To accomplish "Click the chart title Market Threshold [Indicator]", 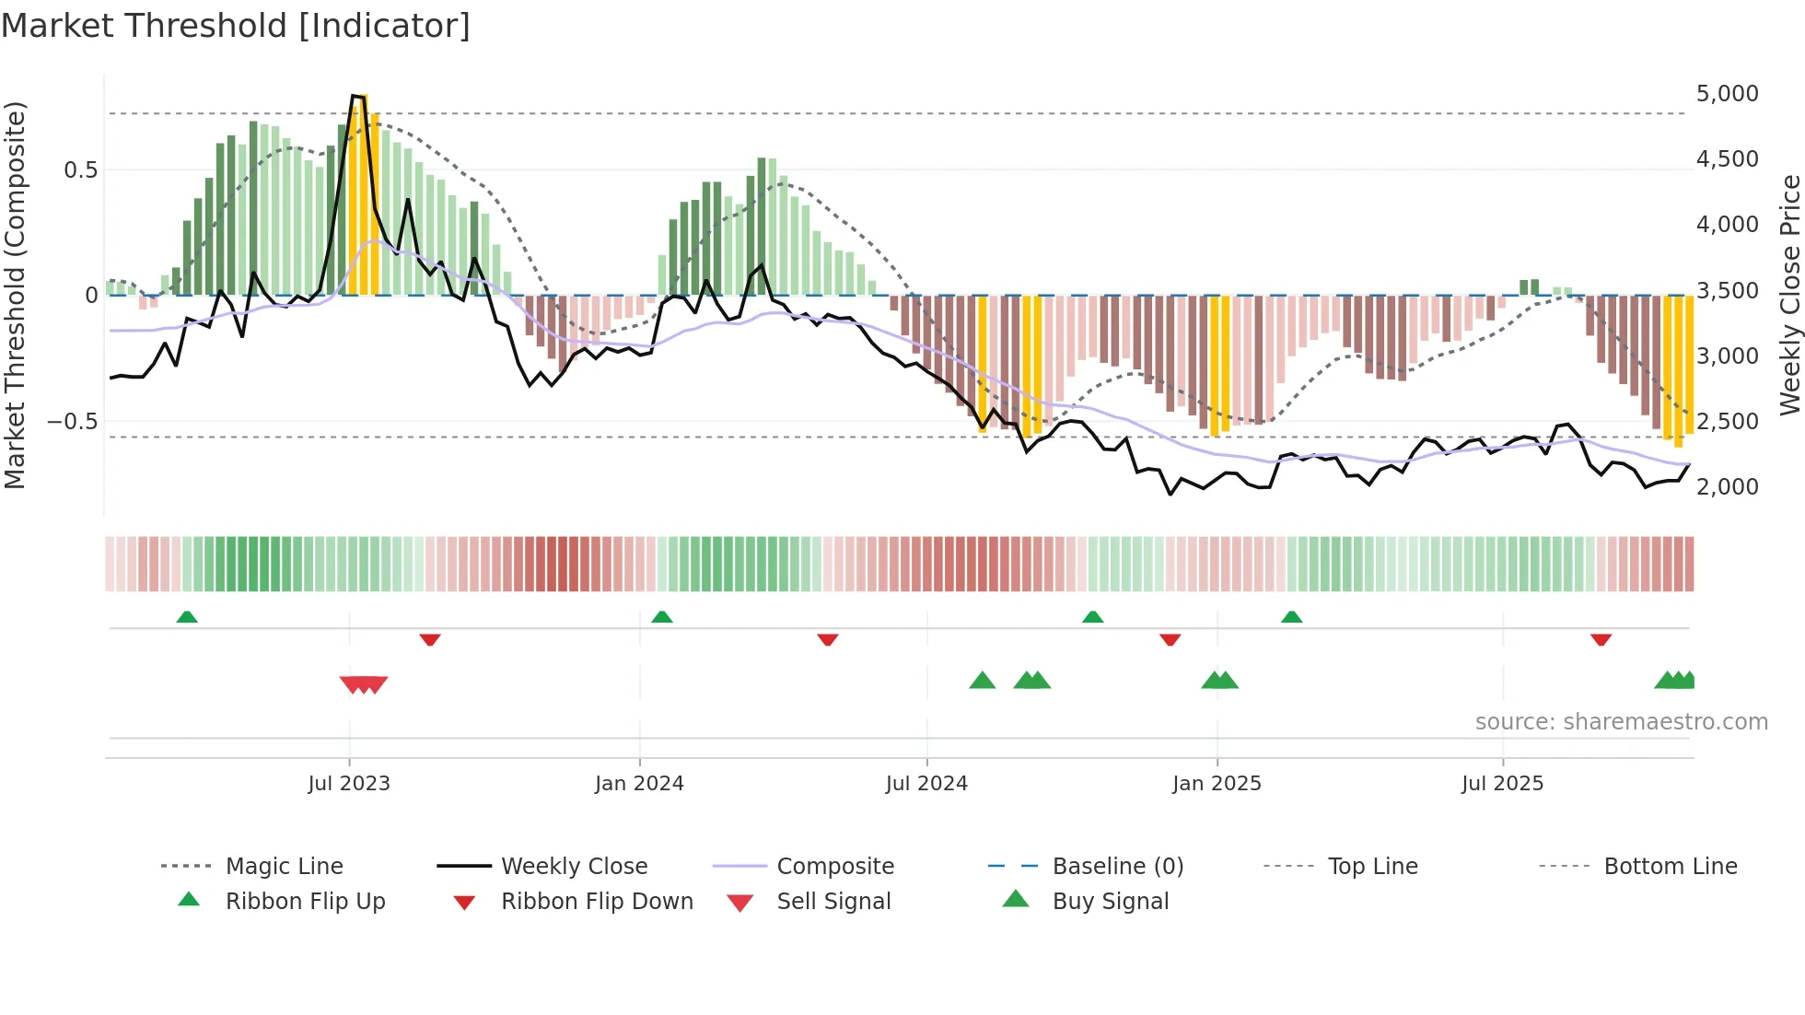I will pos(236,26).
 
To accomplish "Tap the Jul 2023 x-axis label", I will pos(349,784).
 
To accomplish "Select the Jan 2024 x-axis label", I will pos(639,784).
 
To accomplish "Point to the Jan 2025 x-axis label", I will pos(1217,784).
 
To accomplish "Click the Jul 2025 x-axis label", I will pos(1502,784).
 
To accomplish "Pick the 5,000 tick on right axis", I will pos(1727,94).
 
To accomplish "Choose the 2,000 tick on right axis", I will pos(1727,487).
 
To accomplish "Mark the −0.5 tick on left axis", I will pos(72,422).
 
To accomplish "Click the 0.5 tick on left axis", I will pos(80,170).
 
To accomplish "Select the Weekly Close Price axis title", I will pos(1789,295).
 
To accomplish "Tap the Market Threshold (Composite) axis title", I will pos(15,295).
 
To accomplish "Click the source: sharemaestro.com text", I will pos(1621,722).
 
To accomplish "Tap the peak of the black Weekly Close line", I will pos(354,96).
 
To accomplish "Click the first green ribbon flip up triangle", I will pos(187,616).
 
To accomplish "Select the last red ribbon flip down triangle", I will pos(1601,639).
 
